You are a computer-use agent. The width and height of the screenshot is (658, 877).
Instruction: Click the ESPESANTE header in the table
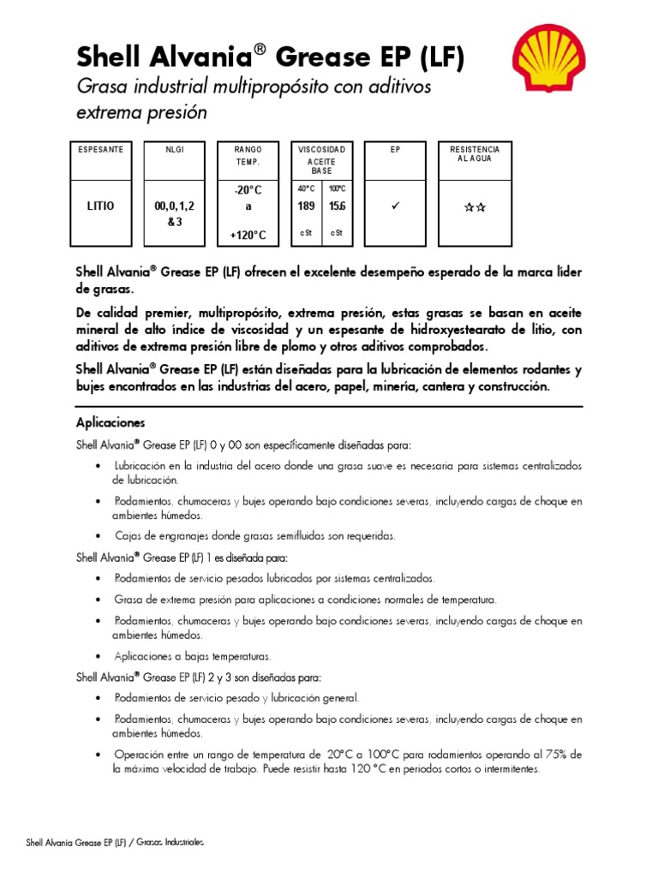point(100,150)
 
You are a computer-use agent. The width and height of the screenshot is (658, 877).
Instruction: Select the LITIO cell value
point(100,206)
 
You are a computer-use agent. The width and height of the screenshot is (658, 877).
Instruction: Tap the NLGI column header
point(175,150)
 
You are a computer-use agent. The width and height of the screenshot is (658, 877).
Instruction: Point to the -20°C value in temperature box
point(248,190)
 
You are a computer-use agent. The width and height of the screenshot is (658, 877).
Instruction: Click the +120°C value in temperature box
point(248,235)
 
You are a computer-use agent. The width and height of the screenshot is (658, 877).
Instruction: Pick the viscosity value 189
point(306,206)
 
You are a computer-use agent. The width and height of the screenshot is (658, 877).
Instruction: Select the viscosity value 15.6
point(336,206)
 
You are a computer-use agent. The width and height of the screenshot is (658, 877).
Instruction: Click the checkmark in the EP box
point(396,206)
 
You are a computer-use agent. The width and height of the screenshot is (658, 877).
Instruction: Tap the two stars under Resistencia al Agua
point(475,207)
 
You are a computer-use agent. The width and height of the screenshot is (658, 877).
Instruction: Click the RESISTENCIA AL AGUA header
point(475,154)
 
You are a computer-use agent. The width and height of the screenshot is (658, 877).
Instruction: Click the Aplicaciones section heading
point(111,423)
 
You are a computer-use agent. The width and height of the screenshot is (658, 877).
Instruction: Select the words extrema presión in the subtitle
point(142,112)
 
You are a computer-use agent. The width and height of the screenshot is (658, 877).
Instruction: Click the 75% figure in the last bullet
point(559,755)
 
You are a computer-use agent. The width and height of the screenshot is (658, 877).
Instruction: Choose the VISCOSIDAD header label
point(321,150)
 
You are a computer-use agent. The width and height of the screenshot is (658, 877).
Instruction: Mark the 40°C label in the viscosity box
point(306,188)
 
